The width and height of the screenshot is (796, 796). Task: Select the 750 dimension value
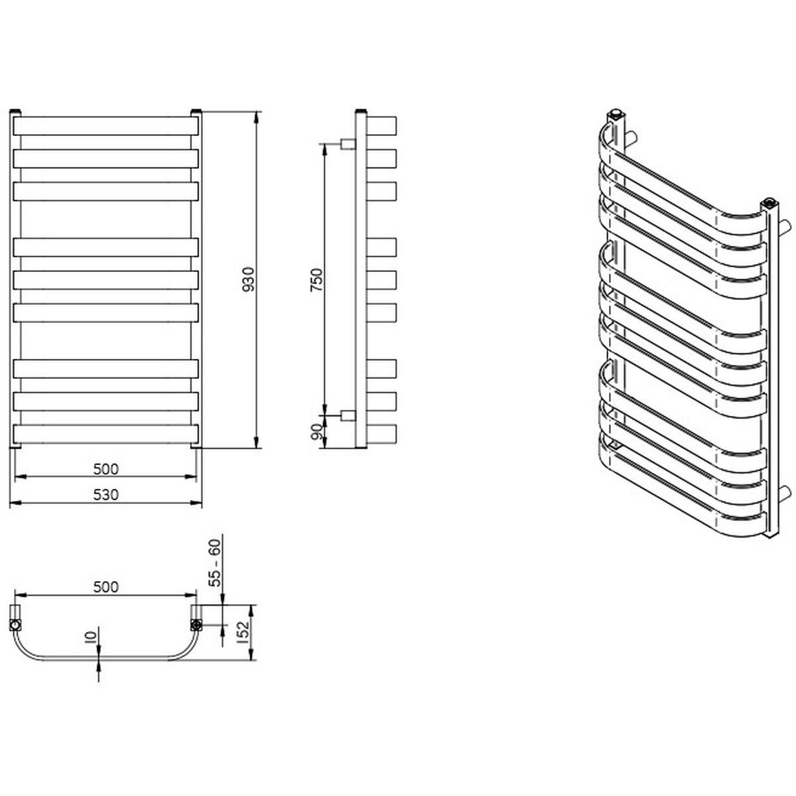tap(317, 280)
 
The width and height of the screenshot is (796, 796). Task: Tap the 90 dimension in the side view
tap(317, 432)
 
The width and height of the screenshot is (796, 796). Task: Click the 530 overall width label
tap(105, 494)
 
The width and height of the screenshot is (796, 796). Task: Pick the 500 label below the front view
tap(105, 469)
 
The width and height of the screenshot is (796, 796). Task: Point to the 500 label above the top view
tap(105, 586)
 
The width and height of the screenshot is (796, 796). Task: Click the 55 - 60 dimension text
tap(216, 563)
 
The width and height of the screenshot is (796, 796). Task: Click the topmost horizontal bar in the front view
tap(105, 126)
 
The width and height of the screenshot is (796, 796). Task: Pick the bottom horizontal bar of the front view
tap(105, 434)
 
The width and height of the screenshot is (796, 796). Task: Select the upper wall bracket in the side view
tap(348, 144)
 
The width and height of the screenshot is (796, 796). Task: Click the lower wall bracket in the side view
tap(348, 415)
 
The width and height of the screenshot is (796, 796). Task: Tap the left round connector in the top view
tap(15, 625)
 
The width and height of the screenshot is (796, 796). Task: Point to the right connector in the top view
tap(196, 625)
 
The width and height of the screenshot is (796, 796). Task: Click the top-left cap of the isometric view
tap(616, 113)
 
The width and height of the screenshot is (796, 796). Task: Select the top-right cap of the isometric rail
tap(769, 203)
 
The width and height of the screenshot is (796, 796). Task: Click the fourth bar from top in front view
tap(105, 247)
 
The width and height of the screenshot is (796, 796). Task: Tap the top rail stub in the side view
tap(381, 126)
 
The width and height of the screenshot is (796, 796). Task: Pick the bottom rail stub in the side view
tap(381, 434)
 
